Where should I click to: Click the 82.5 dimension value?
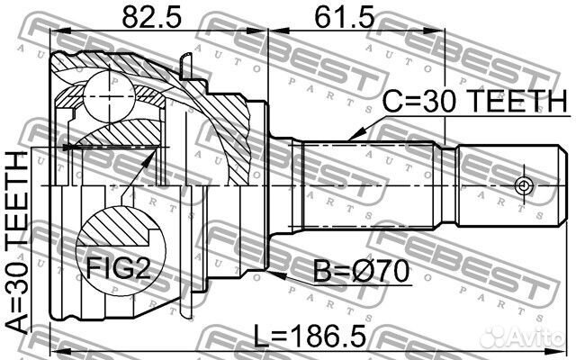[152, 17]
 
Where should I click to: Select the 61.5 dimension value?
[344, 17]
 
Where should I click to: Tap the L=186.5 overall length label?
[310, 337]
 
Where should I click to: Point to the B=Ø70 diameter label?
[362, 272]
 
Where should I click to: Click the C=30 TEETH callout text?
[475, 101]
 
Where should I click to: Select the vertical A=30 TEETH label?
[17, 243]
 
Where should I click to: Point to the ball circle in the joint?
[109, 96]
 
